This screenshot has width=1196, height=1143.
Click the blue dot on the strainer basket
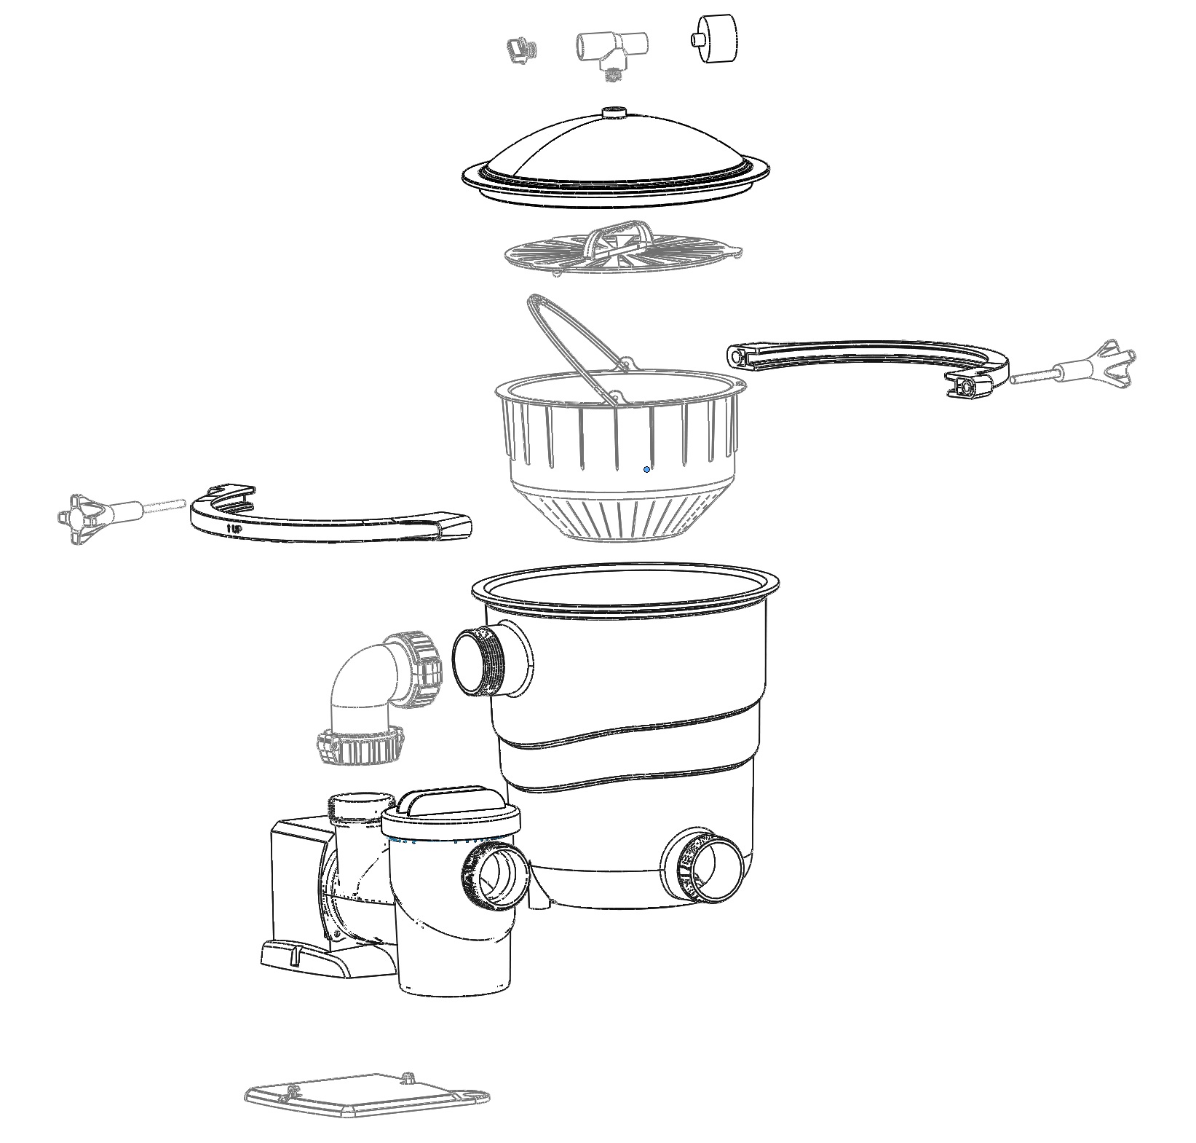646,470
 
